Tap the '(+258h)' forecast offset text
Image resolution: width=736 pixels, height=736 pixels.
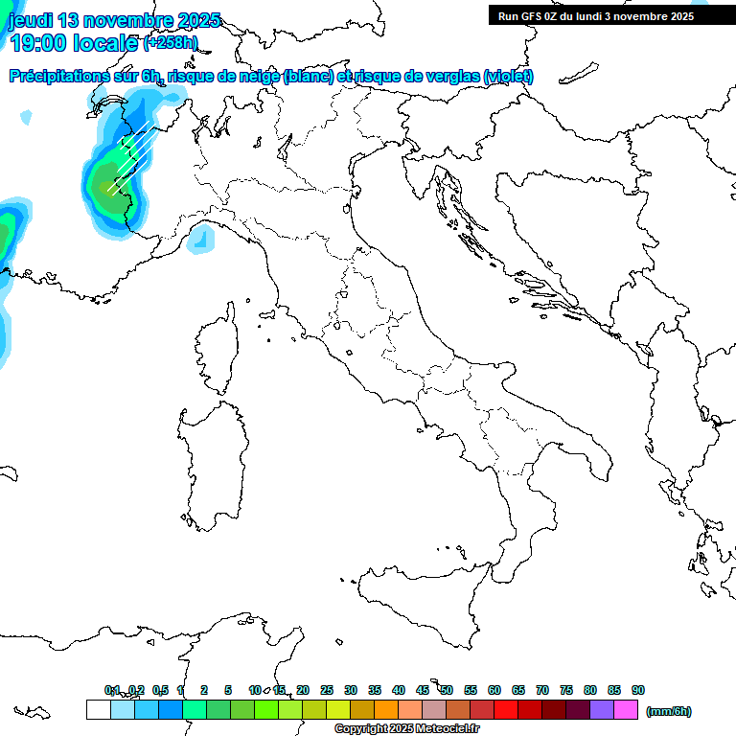pos(171,43)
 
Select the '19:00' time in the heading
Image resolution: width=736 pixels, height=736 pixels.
pos(38,42)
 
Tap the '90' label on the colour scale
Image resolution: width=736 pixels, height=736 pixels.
pos(637,690)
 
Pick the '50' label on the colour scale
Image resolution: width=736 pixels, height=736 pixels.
pos(447,690)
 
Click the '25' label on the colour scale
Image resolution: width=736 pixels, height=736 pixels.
pos(327,690)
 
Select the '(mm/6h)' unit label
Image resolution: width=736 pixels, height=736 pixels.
pos(669,711)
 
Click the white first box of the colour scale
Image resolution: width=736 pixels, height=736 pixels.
pos(98,710)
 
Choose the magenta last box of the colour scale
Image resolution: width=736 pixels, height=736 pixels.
pos(626,710)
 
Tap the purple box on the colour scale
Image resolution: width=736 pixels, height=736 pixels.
pos(602,710)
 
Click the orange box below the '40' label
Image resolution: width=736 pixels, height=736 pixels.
pos(385,710)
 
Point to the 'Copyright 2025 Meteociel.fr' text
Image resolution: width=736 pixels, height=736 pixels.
pos(407,729)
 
